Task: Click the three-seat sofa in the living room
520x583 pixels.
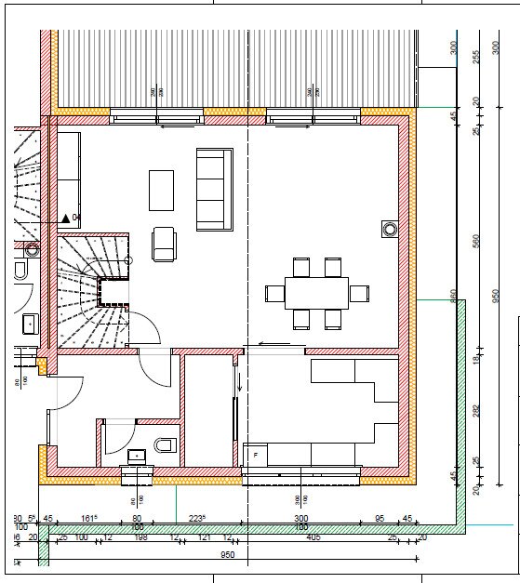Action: coord(213,189)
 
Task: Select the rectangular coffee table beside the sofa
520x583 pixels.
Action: coord(161,190)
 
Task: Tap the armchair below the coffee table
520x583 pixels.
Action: coord(165,244)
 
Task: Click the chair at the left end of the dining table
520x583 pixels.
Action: coord(273,294)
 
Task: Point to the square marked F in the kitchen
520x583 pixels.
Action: coord(252,455)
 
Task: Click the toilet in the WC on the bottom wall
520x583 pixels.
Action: coord(166,444)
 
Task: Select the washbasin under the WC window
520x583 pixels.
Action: coord(138,456)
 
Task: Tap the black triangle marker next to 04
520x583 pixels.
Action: coord(65,219)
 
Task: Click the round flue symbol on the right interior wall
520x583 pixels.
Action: coord(389,228)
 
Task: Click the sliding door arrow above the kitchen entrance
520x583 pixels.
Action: coord(274,345)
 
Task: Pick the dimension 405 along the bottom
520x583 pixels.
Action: coord(313,537)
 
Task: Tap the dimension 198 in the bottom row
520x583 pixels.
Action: coord(140,537)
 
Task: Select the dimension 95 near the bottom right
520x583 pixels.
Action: coord(380,519)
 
